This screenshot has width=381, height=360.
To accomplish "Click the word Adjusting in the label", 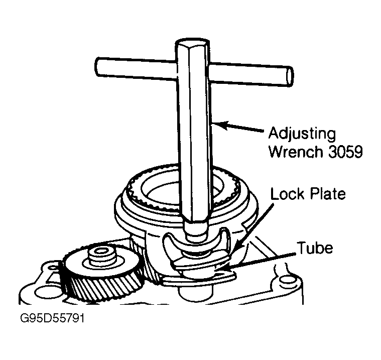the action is (302, 135).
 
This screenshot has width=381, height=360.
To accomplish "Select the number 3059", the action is (345, 152).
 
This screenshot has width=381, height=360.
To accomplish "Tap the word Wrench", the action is (297, 152).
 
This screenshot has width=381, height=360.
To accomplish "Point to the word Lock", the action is (287, 194).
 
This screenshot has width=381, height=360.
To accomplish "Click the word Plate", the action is (327, 194).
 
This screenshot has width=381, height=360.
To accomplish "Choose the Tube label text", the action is (315, 248).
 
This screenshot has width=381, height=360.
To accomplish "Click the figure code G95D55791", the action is (53, 318).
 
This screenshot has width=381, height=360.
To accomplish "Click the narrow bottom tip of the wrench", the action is (196, 235).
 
